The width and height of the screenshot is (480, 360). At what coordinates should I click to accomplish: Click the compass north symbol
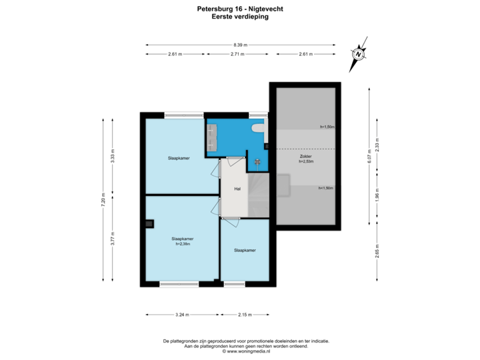point(359,53)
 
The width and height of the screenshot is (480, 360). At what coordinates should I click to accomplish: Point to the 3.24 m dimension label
point(181,314)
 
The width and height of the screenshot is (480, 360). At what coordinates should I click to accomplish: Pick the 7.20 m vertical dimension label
point(103,201)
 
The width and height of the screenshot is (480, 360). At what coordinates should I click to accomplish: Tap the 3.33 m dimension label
point(113,157)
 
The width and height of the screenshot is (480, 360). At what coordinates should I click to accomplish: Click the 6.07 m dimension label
point(368,157)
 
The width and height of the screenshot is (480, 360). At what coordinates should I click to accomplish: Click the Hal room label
point(237,189)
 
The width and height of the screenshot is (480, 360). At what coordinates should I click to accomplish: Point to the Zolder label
point(305,156)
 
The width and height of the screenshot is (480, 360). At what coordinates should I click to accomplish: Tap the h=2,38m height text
point(182,243)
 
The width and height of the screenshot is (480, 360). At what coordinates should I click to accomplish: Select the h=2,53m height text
point(305,161)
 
